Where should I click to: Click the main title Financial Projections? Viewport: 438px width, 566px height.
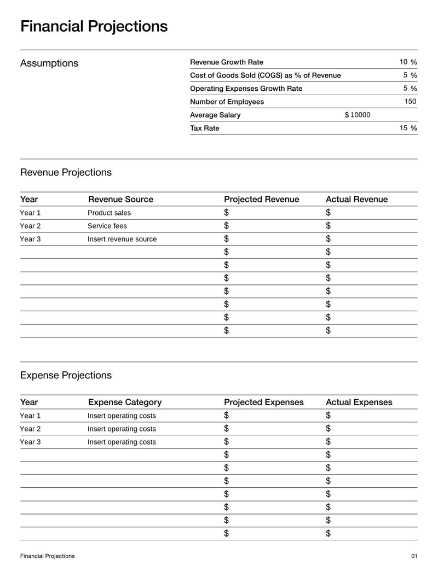click(94, 26)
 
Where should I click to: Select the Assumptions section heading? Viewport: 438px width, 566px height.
click(49, 63)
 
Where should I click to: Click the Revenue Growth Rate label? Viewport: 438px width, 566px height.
click(226, 62)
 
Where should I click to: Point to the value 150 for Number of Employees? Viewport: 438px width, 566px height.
click(410, 102)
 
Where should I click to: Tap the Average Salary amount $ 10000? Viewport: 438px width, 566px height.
click(358, 115)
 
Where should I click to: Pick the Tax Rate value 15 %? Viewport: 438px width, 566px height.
click(408, 128)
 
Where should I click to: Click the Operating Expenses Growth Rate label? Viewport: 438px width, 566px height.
click(246, 89)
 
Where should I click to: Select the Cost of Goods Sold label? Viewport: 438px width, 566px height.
click(265, 75)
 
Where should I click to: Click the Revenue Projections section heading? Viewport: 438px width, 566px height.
click(66, 172)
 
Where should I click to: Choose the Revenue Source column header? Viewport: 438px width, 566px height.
click(120, 199)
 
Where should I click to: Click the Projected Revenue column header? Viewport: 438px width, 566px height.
click(261, 199)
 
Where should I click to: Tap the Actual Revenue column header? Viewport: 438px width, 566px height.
click(356, 199)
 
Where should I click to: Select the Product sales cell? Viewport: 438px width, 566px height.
click(109, 213)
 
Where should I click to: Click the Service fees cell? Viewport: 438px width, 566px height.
click(107, 226)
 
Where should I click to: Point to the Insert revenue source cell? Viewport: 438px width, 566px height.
click(122, 239)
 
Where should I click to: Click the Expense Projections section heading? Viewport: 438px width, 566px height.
click(66, 375)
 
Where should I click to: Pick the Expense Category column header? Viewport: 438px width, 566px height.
click(125, 402)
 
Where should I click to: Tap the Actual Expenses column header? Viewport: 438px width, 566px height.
click(359, 402)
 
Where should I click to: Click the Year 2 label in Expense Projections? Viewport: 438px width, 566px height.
click(30, 429)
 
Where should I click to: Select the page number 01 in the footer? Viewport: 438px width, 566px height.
click(414, 556)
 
